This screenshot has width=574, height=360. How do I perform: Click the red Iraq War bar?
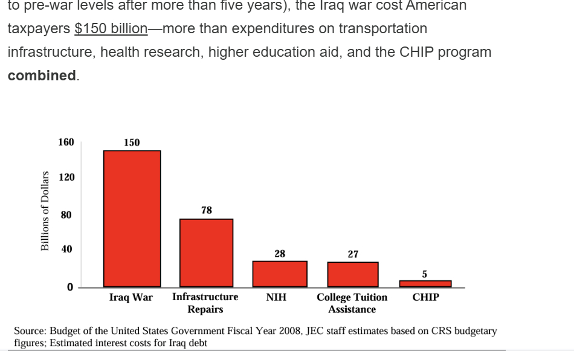(x=132, y=218)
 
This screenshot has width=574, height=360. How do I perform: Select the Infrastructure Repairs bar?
(x=206, y=252)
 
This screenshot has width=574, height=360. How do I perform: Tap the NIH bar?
(x=280, y=274)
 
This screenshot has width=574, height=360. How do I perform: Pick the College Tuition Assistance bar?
(x=353, y=274)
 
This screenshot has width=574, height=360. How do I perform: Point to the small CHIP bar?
(x=425, y=283)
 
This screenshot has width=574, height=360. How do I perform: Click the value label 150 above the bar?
(x=132, y=143)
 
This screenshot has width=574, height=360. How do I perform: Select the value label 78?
(x=207, y=210)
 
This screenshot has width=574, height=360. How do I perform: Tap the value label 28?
(x=280, y=254)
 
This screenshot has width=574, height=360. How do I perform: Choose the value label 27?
(x=353, y=254)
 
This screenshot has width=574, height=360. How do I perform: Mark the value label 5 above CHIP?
(x=424, y=274)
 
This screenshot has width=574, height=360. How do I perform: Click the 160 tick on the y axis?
(x=66, y=142)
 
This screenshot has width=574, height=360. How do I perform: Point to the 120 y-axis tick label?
(x=66, y=178)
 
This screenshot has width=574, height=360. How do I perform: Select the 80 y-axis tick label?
(x=66, y=214)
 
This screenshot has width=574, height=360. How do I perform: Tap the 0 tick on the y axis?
(x=69, y=287)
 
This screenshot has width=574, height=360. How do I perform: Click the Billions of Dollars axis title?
(x=45, y=210)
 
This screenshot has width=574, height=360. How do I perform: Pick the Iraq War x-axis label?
(x=131, y=297)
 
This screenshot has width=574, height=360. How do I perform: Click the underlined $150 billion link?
(x=111, y=28)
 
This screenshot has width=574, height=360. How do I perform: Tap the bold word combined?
(x=42, y=76)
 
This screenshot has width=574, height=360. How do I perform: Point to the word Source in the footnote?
(x=30, y=331)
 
